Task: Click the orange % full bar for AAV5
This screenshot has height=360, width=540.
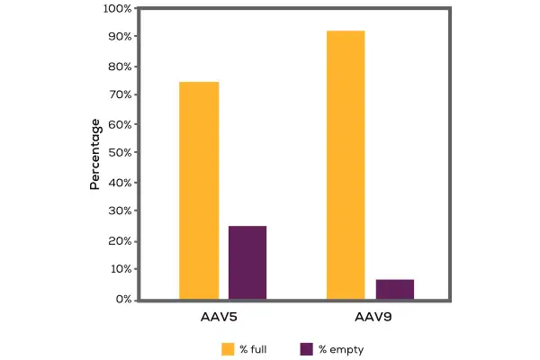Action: coord(199,190)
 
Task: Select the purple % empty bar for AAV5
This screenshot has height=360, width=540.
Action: coord(247,262)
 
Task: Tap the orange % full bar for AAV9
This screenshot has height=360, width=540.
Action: coord(346,165)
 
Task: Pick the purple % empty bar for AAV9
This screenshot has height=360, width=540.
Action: coord(395,289)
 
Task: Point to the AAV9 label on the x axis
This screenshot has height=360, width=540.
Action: coord(370,318)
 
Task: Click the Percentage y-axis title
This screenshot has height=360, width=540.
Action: coord(94,154)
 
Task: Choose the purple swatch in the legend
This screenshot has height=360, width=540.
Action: coord(305,348)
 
